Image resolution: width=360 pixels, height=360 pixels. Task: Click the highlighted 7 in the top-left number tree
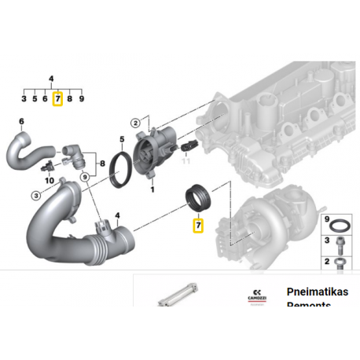57,100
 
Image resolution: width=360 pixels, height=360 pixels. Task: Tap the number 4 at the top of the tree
51,79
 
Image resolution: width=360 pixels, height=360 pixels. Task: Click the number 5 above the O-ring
121,141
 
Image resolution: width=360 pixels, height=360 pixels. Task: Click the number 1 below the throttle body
153,189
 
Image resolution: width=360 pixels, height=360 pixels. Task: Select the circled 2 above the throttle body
135,123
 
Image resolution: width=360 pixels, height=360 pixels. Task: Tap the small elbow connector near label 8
75,153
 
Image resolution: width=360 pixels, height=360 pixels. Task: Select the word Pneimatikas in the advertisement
318,289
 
